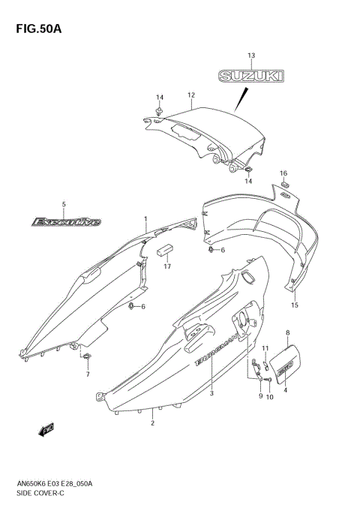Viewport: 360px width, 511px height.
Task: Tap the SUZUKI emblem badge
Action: pos(252,75)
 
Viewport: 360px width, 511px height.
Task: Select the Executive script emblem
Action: pos(65,221)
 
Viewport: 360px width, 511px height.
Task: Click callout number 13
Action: pos(251,56)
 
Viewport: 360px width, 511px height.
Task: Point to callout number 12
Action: pos(191,95)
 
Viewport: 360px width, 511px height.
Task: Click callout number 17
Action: pos(168,266)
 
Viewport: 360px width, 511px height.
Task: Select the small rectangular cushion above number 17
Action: pos(165,249)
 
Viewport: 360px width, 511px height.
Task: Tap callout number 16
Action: pos(283,173)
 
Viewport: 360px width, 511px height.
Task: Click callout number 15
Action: pos(295,305)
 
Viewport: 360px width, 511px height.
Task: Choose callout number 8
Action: pos(288,331)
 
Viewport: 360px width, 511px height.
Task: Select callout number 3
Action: pos(212,393)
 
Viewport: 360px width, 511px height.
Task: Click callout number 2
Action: pos(152,423)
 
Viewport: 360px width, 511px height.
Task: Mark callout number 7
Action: pos(88,374)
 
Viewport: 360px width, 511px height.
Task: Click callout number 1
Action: pos(146,218)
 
